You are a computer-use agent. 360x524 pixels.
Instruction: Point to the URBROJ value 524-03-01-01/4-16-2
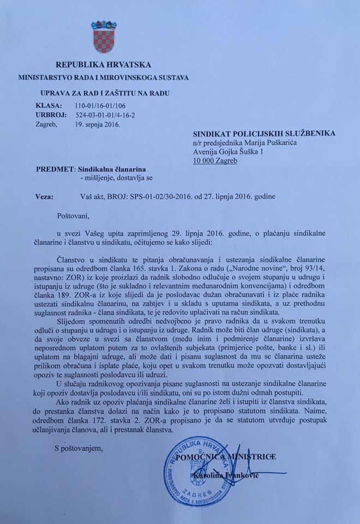point(109,115)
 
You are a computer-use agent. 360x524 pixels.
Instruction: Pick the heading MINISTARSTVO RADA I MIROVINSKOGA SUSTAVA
point(104,78)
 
